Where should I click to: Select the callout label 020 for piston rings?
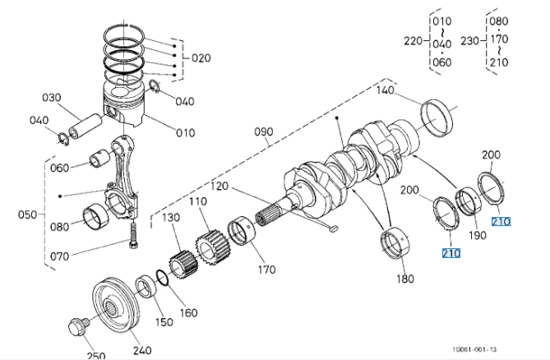tap(201, 58)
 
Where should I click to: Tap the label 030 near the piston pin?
tap(52, 98)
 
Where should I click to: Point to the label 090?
tap(262, 132)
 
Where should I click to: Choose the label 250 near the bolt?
tap(96, 355)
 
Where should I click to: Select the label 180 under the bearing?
tap(404, 279)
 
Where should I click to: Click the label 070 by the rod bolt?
tap(58, 256)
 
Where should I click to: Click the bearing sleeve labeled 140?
tap(437, 117)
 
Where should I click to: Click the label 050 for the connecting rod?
tap(28, 215)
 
